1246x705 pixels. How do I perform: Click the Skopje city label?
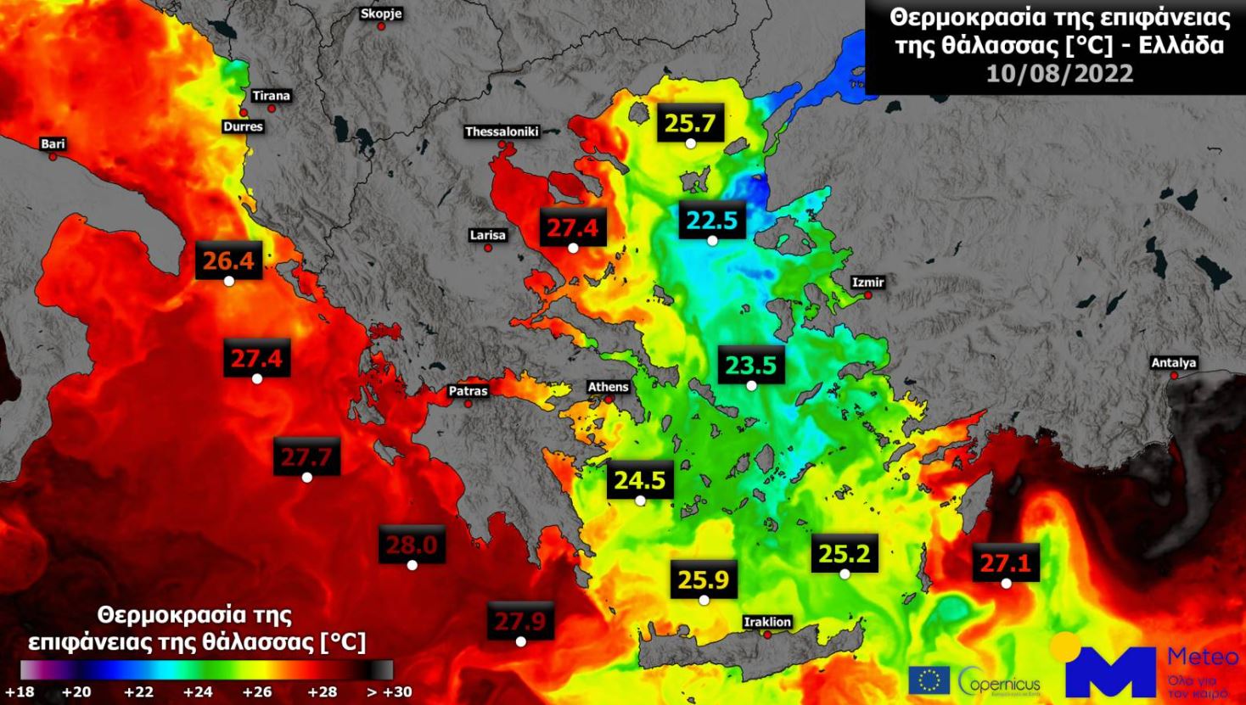click(x=381, y=14)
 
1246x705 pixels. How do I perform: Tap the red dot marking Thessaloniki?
click(x=502, y=145)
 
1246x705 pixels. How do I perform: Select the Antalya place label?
click(x=1174, y=363)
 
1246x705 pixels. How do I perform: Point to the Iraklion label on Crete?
click(x=767, y=622)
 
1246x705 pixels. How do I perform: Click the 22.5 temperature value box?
click(x=713, y=221)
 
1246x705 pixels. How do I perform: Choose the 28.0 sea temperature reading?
click(x=412, y=545)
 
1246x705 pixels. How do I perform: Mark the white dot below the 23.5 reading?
click(x=751, y=386)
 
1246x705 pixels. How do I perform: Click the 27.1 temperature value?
click(x=1006, y=563)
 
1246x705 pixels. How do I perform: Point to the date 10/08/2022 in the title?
click(x=1059, y=74)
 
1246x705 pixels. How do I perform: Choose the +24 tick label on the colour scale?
click(x=199, y=691)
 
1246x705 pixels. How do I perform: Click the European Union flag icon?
click(x=929, y=680)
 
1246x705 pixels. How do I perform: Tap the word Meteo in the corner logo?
click(x=1203, y=657)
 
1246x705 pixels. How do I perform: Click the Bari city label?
click(x=53, y=144)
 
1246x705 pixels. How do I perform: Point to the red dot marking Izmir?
click(x=868, y=295)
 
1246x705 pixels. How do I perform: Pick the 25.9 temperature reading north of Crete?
click(x=704, y=580)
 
